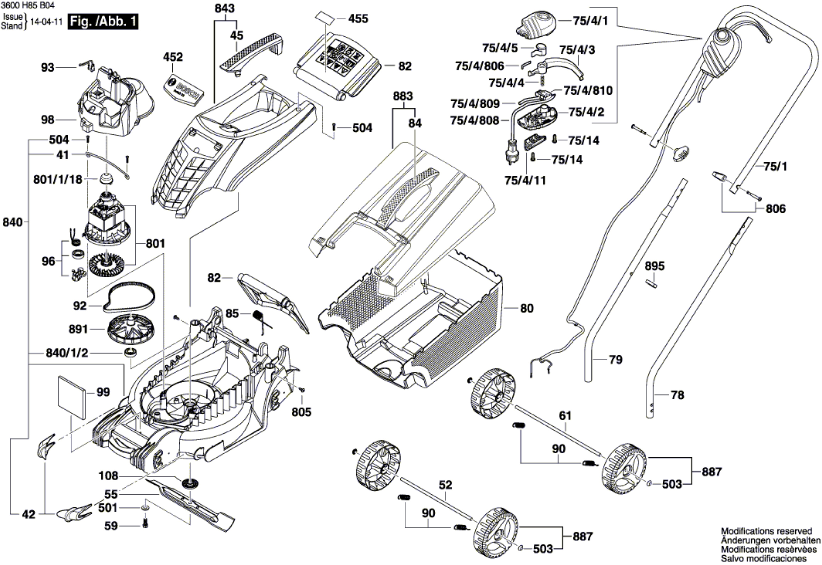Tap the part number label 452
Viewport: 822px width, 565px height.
click(x=173, y=57)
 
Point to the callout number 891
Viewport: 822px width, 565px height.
click(x=78, y=329)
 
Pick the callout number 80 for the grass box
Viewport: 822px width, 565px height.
click(x=527, y=308)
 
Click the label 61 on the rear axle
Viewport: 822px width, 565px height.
click(x=565, y=415)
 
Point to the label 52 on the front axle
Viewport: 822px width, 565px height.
click(x=445, y=485)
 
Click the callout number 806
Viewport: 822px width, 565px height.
click(x=776, y=209)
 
